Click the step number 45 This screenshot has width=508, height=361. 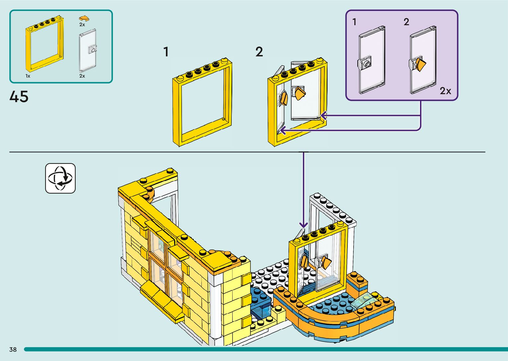point(19,97)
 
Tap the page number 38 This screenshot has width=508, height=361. point(13,349)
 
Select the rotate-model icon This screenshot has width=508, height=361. point(60,178)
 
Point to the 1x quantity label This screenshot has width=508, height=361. point(28,76)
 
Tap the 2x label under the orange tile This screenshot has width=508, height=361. point(82,25)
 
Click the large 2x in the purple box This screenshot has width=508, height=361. point(445,91)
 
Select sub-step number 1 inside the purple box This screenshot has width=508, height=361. point(354,22)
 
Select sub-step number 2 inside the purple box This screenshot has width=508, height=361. point(406,22)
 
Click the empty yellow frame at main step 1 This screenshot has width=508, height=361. point(202,103)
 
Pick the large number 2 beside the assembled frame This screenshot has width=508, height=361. point(259,52)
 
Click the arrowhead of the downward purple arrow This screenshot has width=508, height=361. point(303,225)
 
